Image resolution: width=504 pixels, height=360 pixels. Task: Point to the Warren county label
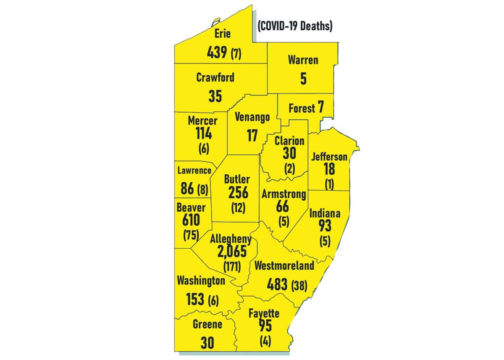pos(303,60)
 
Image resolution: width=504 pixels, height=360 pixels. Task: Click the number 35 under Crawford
pos(215,96)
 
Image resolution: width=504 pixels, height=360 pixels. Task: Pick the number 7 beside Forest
pos(321,108)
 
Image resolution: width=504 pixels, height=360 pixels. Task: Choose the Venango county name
pos(252,118)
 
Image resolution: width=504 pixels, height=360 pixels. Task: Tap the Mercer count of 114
pos(204,134)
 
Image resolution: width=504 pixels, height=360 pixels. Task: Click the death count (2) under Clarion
pos(289,168)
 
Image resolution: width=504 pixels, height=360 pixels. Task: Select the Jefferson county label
pos(329,157)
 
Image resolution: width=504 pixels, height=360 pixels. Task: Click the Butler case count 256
pos(238,192)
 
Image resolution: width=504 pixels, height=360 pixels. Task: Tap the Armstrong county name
pos(284,194)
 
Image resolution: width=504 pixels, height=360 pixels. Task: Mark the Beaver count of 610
pos(191,220)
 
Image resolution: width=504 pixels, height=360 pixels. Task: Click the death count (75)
pos(192,235)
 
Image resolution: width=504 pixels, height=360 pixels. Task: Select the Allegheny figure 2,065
pos(232,252)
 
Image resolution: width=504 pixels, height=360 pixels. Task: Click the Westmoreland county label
pos(284,265)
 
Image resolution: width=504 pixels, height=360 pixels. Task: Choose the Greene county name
pos(207,324)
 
